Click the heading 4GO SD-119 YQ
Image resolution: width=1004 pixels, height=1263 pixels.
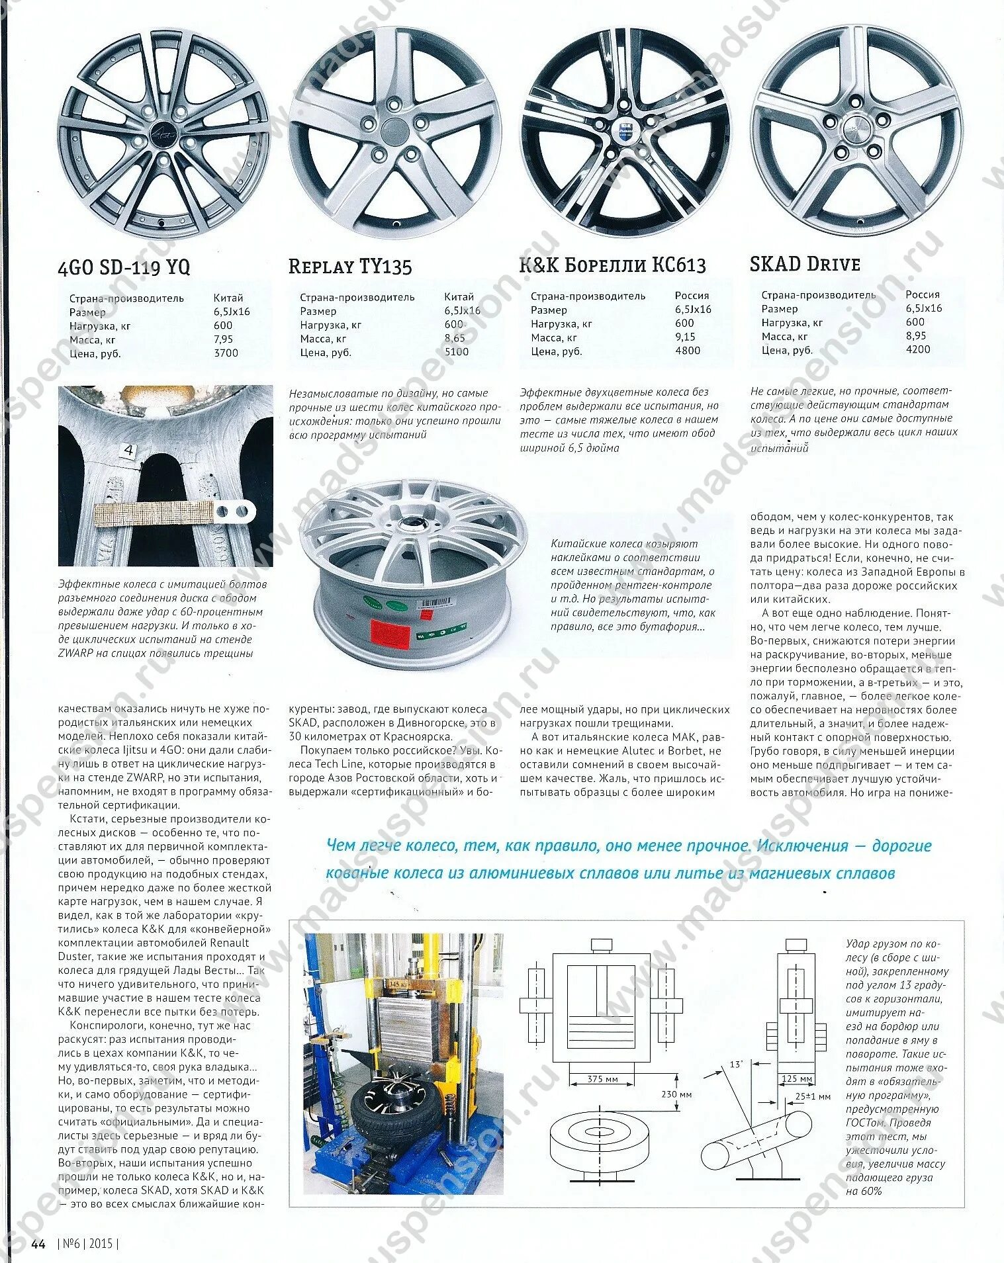click(x=124, y=267)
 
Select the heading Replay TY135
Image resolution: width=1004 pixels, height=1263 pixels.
click(x=350, y=267)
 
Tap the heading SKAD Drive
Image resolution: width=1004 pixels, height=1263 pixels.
click(x=805, y=264)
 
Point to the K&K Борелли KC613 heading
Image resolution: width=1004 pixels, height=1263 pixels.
click(x=613, y=265)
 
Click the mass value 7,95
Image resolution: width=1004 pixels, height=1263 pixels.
click(x=224, y=339)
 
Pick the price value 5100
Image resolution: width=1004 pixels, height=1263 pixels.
click(x=457, y=352)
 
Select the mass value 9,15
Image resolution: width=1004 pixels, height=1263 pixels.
click(x=686, y=337)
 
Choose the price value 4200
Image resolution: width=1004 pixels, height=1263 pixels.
click(x=918, y=349)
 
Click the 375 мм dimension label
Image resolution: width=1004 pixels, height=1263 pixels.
click(x=602, y=1079)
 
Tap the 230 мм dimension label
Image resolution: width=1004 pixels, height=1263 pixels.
click(x=676, y=1094)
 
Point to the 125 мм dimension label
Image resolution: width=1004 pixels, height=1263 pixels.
click(x=797, y=1079)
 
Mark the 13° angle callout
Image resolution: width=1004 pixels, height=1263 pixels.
click(x=737, y=1065)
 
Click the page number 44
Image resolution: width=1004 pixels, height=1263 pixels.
click(x=38, y=1244)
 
